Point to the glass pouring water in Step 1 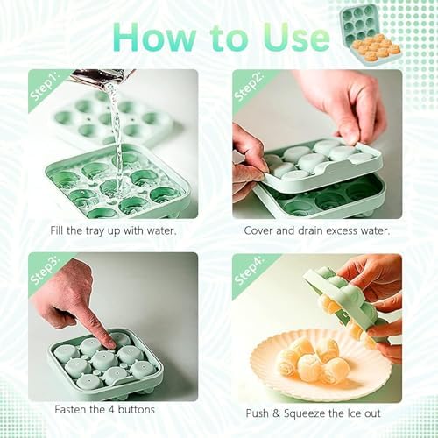coord(99,76)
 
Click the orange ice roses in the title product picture coord(374,47)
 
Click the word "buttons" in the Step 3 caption coord(136,409)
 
